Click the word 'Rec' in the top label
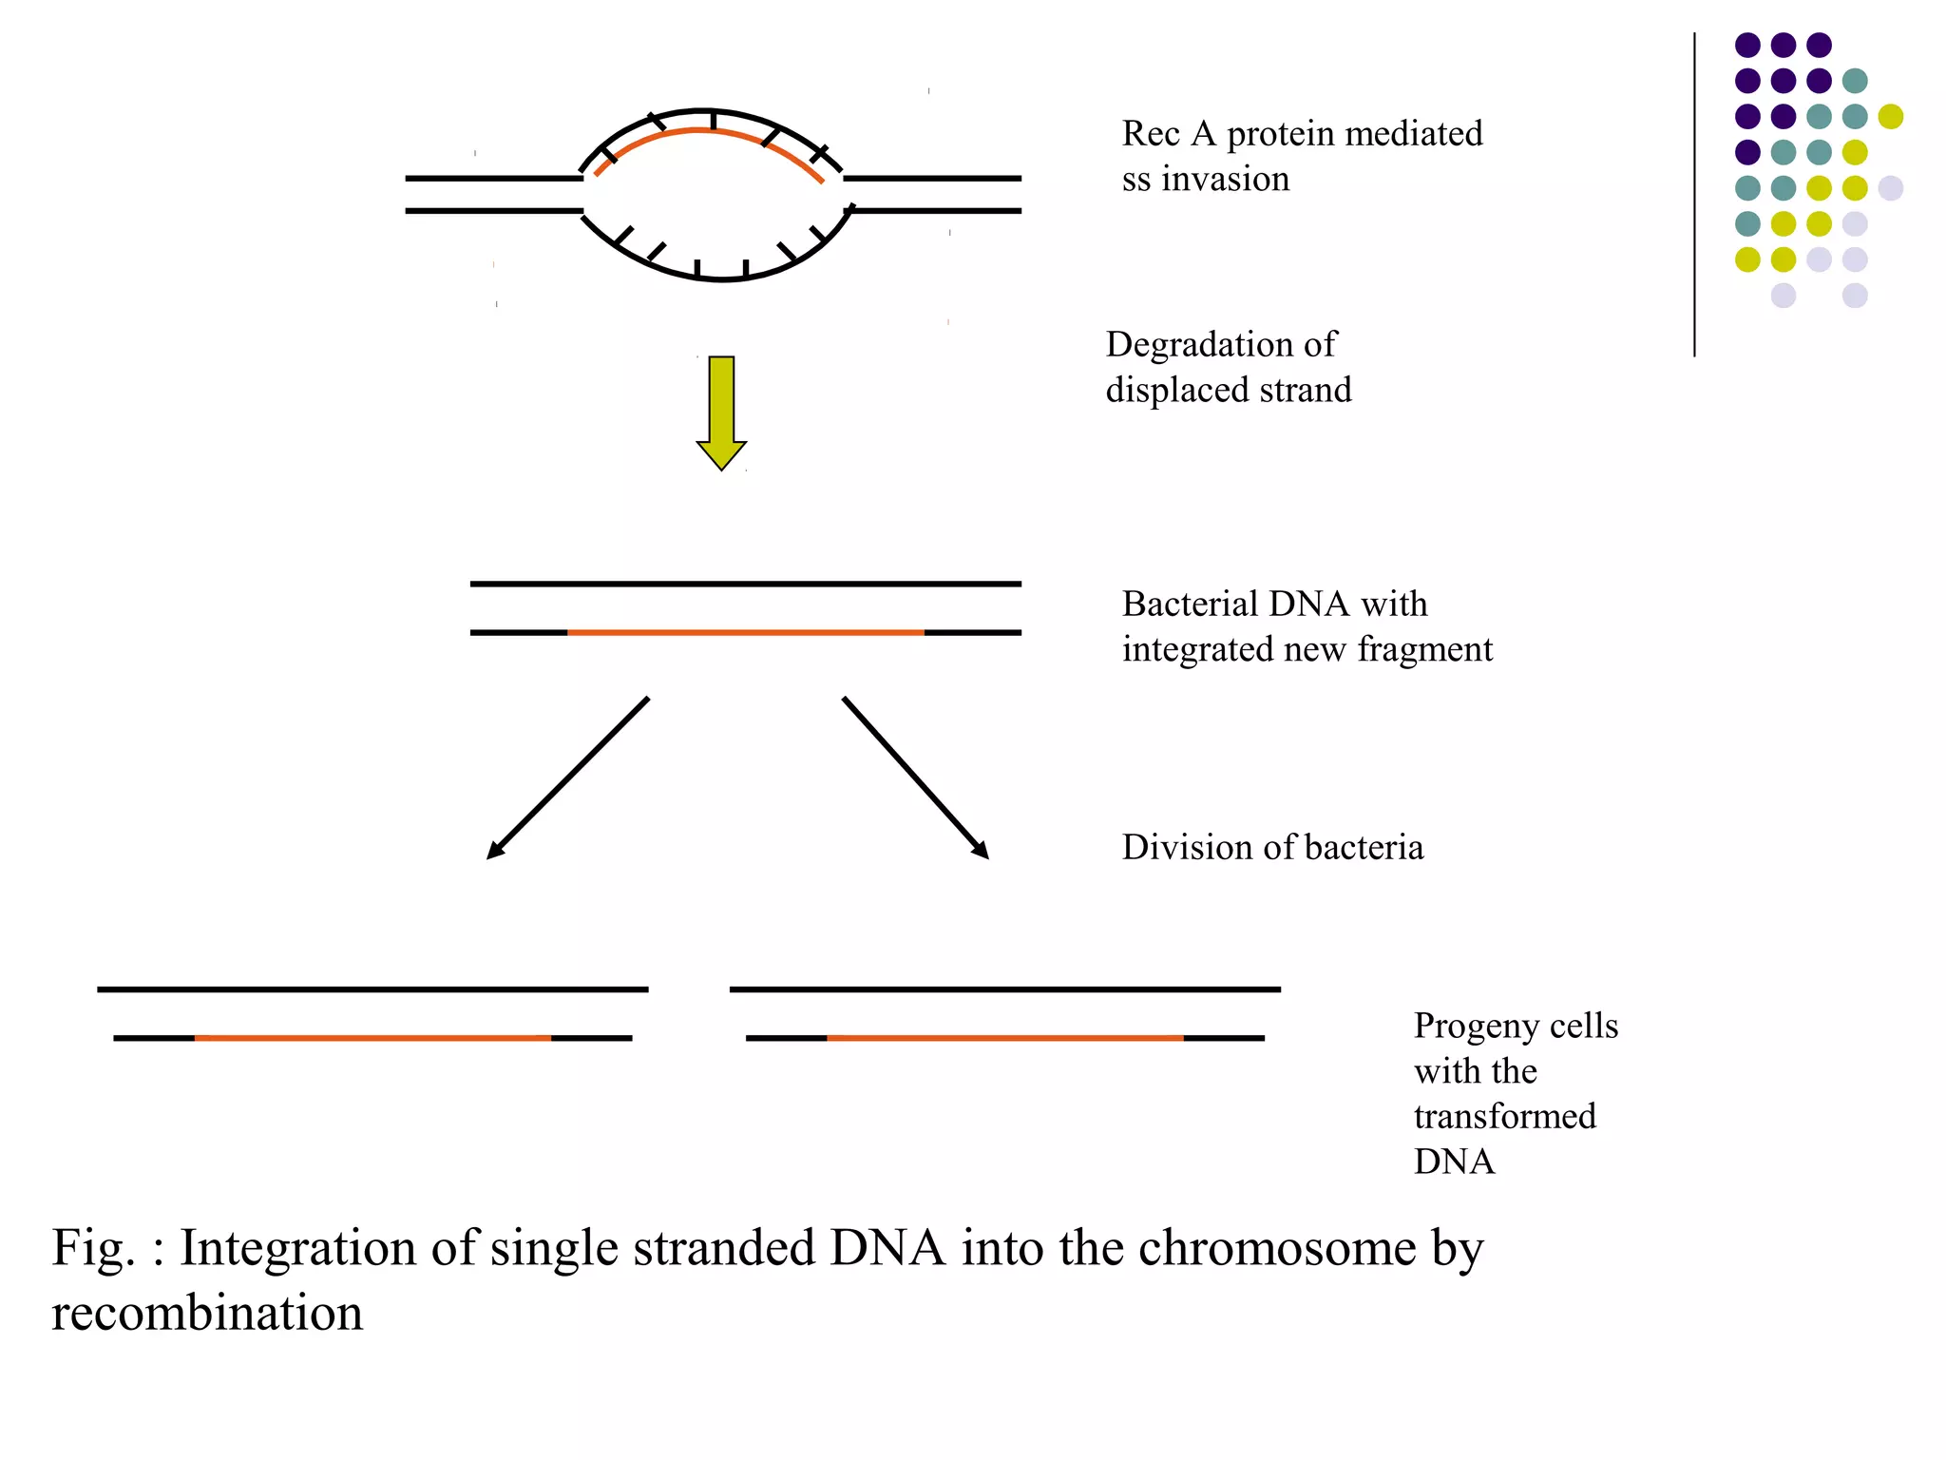coord(1151,134)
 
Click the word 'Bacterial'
coord(1188,604)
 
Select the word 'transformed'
coord(1504,1116)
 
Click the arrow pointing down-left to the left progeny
coord(568,778)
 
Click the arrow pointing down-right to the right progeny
coord(915,778)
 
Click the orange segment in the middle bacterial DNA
coord(745,632)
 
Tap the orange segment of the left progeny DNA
coord(372,1038)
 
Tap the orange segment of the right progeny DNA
coord(1004,1038)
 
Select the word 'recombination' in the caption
coord(206,1313)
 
